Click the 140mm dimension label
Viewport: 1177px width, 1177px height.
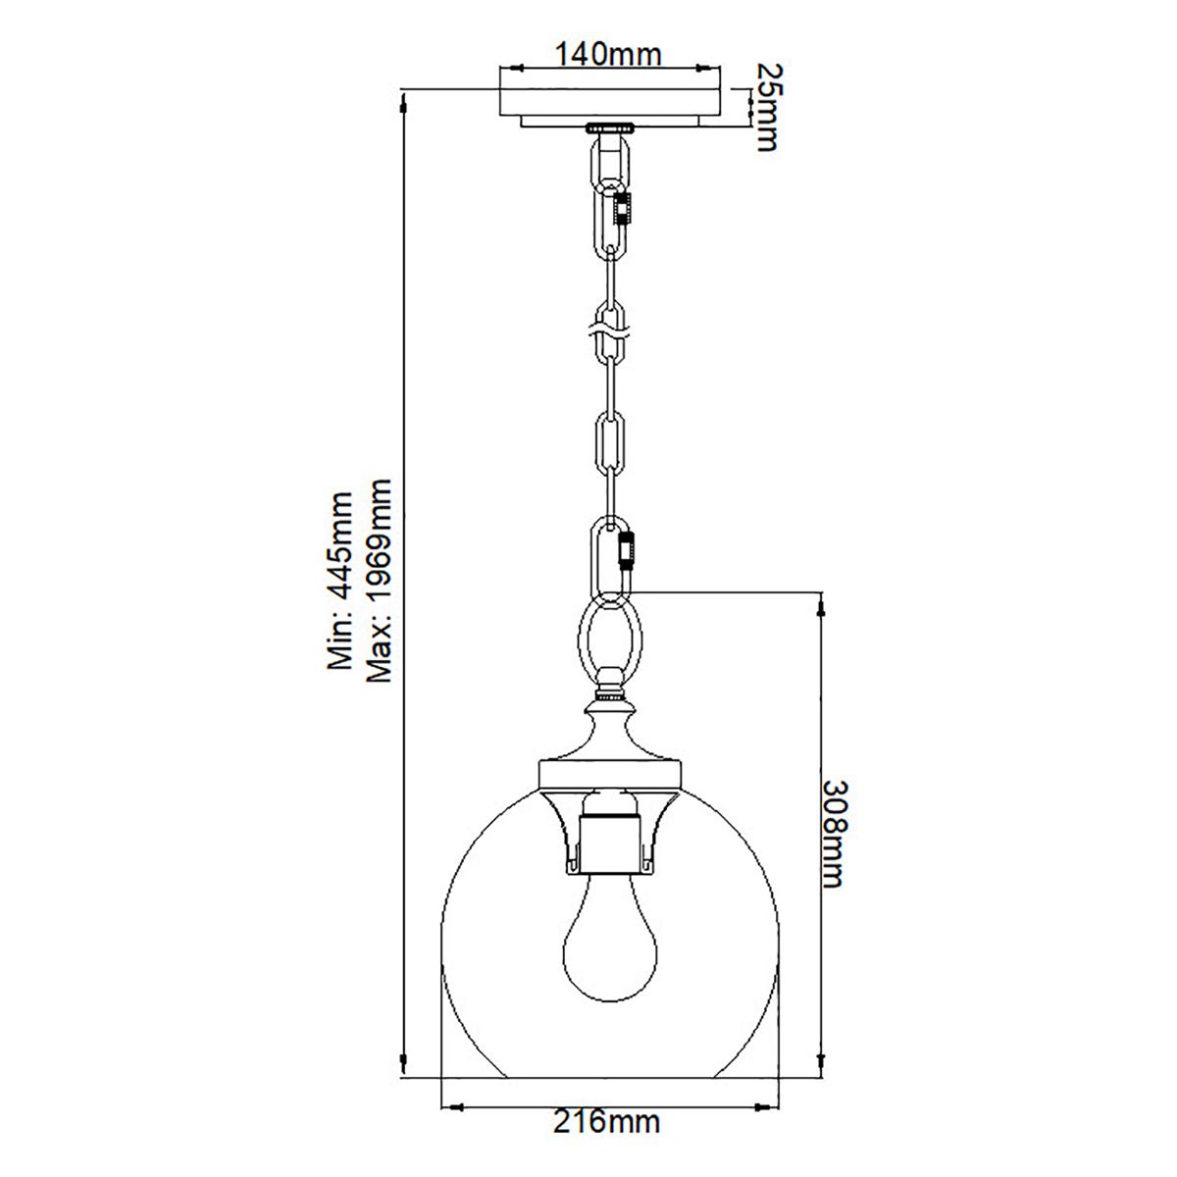click(608, 54)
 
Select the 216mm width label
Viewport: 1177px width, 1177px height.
click(608, 1121)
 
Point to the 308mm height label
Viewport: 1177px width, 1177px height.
click(833, 834)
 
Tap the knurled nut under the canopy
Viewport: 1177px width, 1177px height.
click(609, 128)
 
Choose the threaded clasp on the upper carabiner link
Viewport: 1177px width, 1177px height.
click(622, 208)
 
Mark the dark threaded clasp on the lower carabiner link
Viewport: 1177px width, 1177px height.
click(627, 550)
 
